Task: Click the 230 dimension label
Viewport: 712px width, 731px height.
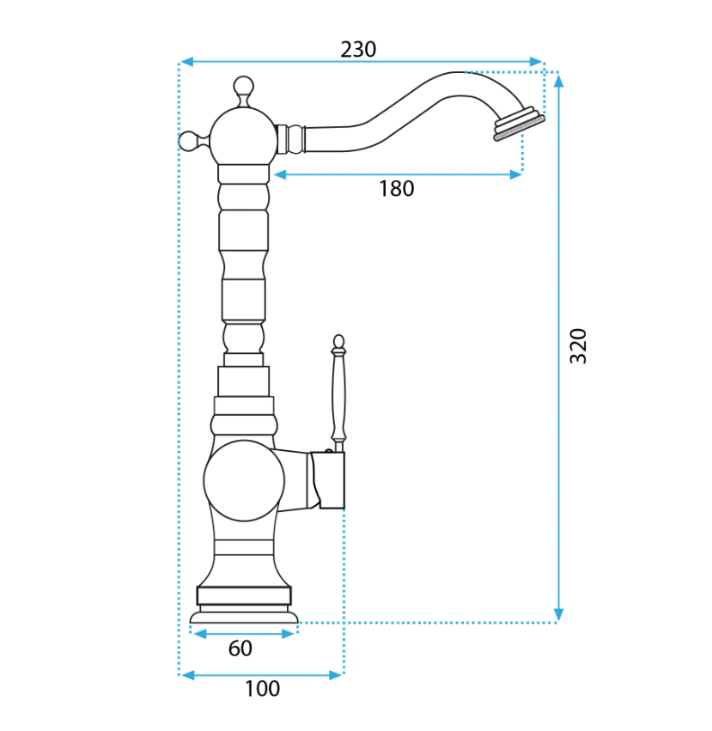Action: [x=358, y=50]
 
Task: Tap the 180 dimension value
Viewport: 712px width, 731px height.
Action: [x=396, y=189]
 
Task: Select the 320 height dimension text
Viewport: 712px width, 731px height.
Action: [x=578, y=346]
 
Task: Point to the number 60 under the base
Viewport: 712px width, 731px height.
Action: [x=240, y=648]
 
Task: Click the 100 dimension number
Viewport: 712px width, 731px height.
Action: [x=263, y=689]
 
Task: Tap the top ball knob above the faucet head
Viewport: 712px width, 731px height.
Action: [x=243, y=87]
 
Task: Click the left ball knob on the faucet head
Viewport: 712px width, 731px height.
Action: [x=189, y=141]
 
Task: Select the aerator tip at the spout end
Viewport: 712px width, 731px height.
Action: [x=519, y=124]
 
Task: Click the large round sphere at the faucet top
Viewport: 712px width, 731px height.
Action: [x=243, y=137]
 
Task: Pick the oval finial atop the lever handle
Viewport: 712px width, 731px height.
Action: [x=339, y=342]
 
